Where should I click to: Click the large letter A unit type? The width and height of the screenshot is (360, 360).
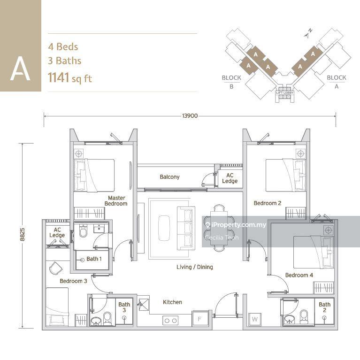20,69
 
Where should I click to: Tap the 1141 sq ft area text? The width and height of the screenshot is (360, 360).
70,77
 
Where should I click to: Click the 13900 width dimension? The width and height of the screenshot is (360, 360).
189,115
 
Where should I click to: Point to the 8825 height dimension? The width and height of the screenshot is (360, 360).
22,231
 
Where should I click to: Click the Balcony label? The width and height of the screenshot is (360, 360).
169,177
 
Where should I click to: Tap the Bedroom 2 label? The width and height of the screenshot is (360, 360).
268,203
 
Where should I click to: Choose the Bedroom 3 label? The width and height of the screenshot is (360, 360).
73,281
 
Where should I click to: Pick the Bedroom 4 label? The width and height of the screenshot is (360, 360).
299,275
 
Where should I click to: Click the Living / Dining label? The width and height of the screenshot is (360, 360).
195,267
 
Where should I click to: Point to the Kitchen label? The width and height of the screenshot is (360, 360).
172,302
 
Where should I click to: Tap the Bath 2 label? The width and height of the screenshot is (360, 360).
324,307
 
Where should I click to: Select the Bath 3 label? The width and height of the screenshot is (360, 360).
124,307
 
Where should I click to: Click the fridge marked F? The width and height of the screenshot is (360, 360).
199,319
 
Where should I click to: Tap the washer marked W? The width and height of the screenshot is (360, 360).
255,319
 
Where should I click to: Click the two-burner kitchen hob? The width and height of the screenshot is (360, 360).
170,320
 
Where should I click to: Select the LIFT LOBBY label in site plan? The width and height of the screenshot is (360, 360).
284,93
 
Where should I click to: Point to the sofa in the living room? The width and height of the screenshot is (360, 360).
185,228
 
